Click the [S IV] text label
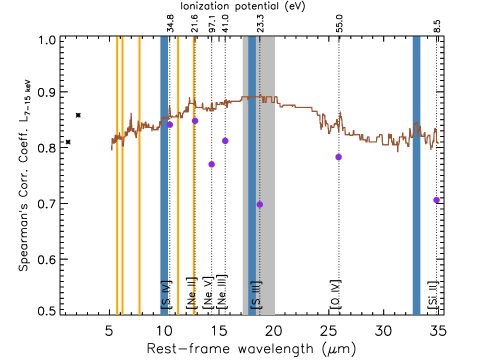tap(165, 294)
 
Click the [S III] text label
tap(256, 294)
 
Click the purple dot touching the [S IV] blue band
tap(170, 125)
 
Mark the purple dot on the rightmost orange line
tap(195, 121)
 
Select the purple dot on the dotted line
tap(260, 204)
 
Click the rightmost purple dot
tap(436, 200)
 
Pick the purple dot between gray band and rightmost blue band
tap(338, 157)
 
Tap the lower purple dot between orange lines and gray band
tap(211, 164)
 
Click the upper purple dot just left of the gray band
tap(225, 141)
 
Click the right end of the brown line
tap(437, 141)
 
